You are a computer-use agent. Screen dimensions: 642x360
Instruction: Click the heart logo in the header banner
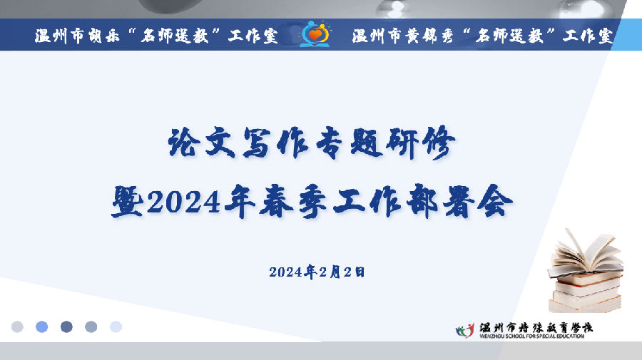(x=315, y=34)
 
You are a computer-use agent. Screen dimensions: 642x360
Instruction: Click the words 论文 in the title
(x=202, y=143)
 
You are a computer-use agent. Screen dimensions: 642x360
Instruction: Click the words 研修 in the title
(x=422, y=143)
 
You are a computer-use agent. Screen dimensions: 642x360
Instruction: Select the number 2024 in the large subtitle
(x=184, y=202)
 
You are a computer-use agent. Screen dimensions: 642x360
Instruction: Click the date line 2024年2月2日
(x=317, y=272)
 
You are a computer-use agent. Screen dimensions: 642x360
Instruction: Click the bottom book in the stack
(x=585, y=304)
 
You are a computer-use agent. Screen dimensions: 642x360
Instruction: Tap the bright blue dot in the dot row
(x=42, y=327)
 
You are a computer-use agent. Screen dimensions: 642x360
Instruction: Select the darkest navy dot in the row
(x=66, y=327)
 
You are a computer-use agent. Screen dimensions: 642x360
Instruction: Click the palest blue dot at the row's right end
(x=116, y=327)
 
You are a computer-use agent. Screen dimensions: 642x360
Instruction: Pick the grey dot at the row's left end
(x=17, y=327)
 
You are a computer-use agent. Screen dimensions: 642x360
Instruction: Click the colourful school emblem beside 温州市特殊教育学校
(x=465, y=330)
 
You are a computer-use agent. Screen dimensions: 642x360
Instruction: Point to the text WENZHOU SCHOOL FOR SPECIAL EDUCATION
(x=532, y=336)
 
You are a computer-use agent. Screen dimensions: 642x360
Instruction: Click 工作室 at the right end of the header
(x=588, y=36)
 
